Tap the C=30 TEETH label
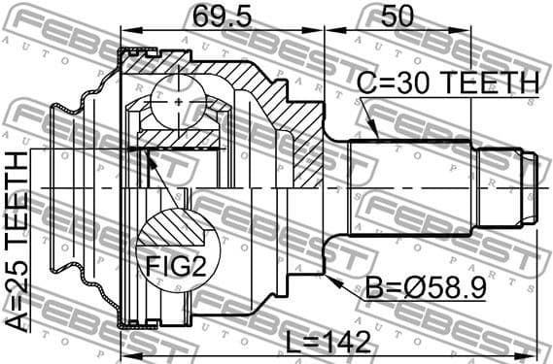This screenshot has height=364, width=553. pyautogui.click(x=447, y=83)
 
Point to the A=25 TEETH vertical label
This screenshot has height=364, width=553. pyautogui.click(x=18, y=243)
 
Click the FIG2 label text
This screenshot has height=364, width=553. pyautogui.click(x=178, y=264)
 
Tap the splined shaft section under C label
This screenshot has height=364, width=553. pyautogui.click(x=408, y=183)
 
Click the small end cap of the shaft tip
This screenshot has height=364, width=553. pyautogui.click(x=531, y=184)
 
